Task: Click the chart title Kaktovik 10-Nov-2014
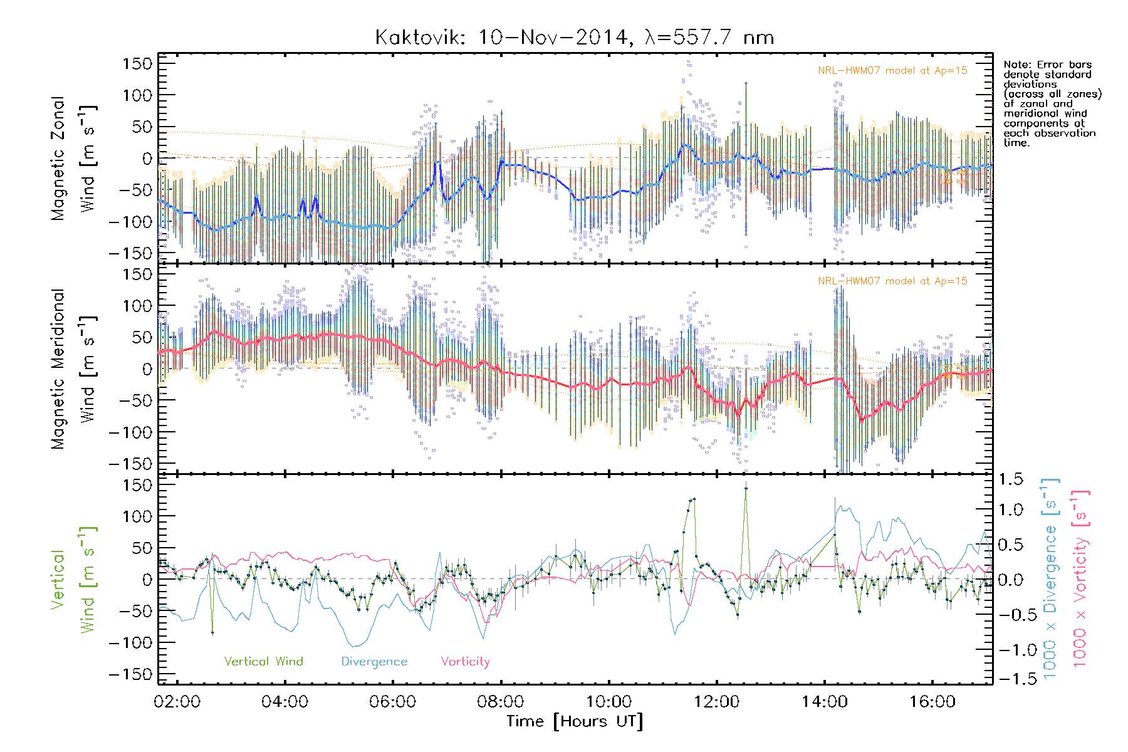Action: click(x=574, y=38)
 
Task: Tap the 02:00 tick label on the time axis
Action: click(x=177, y=701)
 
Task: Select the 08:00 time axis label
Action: click(x=500, y=701)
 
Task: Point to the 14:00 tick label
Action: click(x=824, y=701)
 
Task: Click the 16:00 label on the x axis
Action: click(x=932, y=701)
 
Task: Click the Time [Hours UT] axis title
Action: click(x=575, y=721)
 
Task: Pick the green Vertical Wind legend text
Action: click(x=263, y=662)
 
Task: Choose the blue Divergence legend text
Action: click(x=374, y=662)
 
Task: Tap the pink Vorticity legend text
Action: click(x=465, y=662)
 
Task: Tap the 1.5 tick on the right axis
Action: click(x=1010, y=479)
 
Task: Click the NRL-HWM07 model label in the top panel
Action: click(x=892, y=71)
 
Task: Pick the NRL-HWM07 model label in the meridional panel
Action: click(x=892, y=281)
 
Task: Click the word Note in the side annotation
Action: click(x=1015, y=65)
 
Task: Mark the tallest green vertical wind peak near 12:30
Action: click(x=746, y=488)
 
